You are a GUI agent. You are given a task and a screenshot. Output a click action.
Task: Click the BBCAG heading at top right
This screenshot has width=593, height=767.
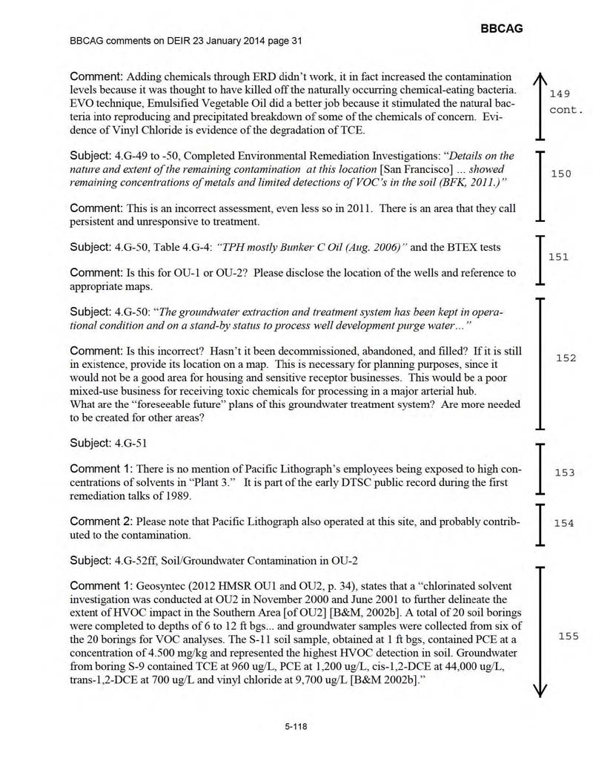click(x=501, y=28)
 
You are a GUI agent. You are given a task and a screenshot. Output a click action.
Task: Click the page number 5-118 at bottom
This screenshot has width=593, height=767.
click(x=296, y=726)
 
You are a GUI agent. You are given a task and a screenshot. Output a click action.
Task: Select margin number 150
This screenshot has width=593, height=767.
click(x=561, y=174)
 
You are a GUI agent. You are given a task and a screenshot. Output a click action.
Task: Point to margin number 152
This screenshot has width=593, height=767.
click(x=566, y=358)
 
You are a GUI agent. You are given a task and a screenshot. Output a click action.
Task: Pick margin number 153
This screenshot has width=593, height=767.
click(x=564, y=472)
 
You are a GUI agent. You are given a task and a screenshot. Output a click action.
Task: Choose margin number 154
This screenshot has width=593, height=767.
click(x=563, y=523)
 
